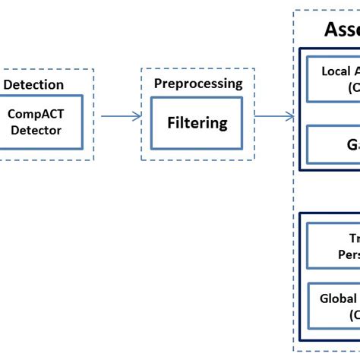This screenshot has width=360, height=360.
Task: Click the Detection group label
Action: click(33, 84)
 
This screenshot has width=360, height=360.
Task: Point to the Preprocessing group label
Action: click(198, 84)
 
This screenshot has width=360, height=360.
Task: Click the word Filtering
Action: click(197, 122)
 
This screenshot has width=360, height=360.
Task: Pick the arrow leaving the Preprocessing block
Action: click(273, 116)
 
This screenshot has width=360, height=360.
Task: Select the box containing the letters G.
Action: click(334, 144)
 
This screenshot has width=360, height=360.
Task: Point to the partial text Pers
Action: click(348, 255)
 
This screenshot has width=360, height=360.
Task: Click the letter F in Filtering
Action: click(172, 122)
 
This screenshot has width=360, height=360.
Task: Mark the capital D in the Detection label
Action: click(8, 84)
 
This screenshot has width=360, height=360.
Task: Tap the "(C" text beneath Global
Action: click(355, 314)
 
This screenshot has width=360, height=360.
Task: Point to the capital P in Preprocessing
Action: click(158, 84)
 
